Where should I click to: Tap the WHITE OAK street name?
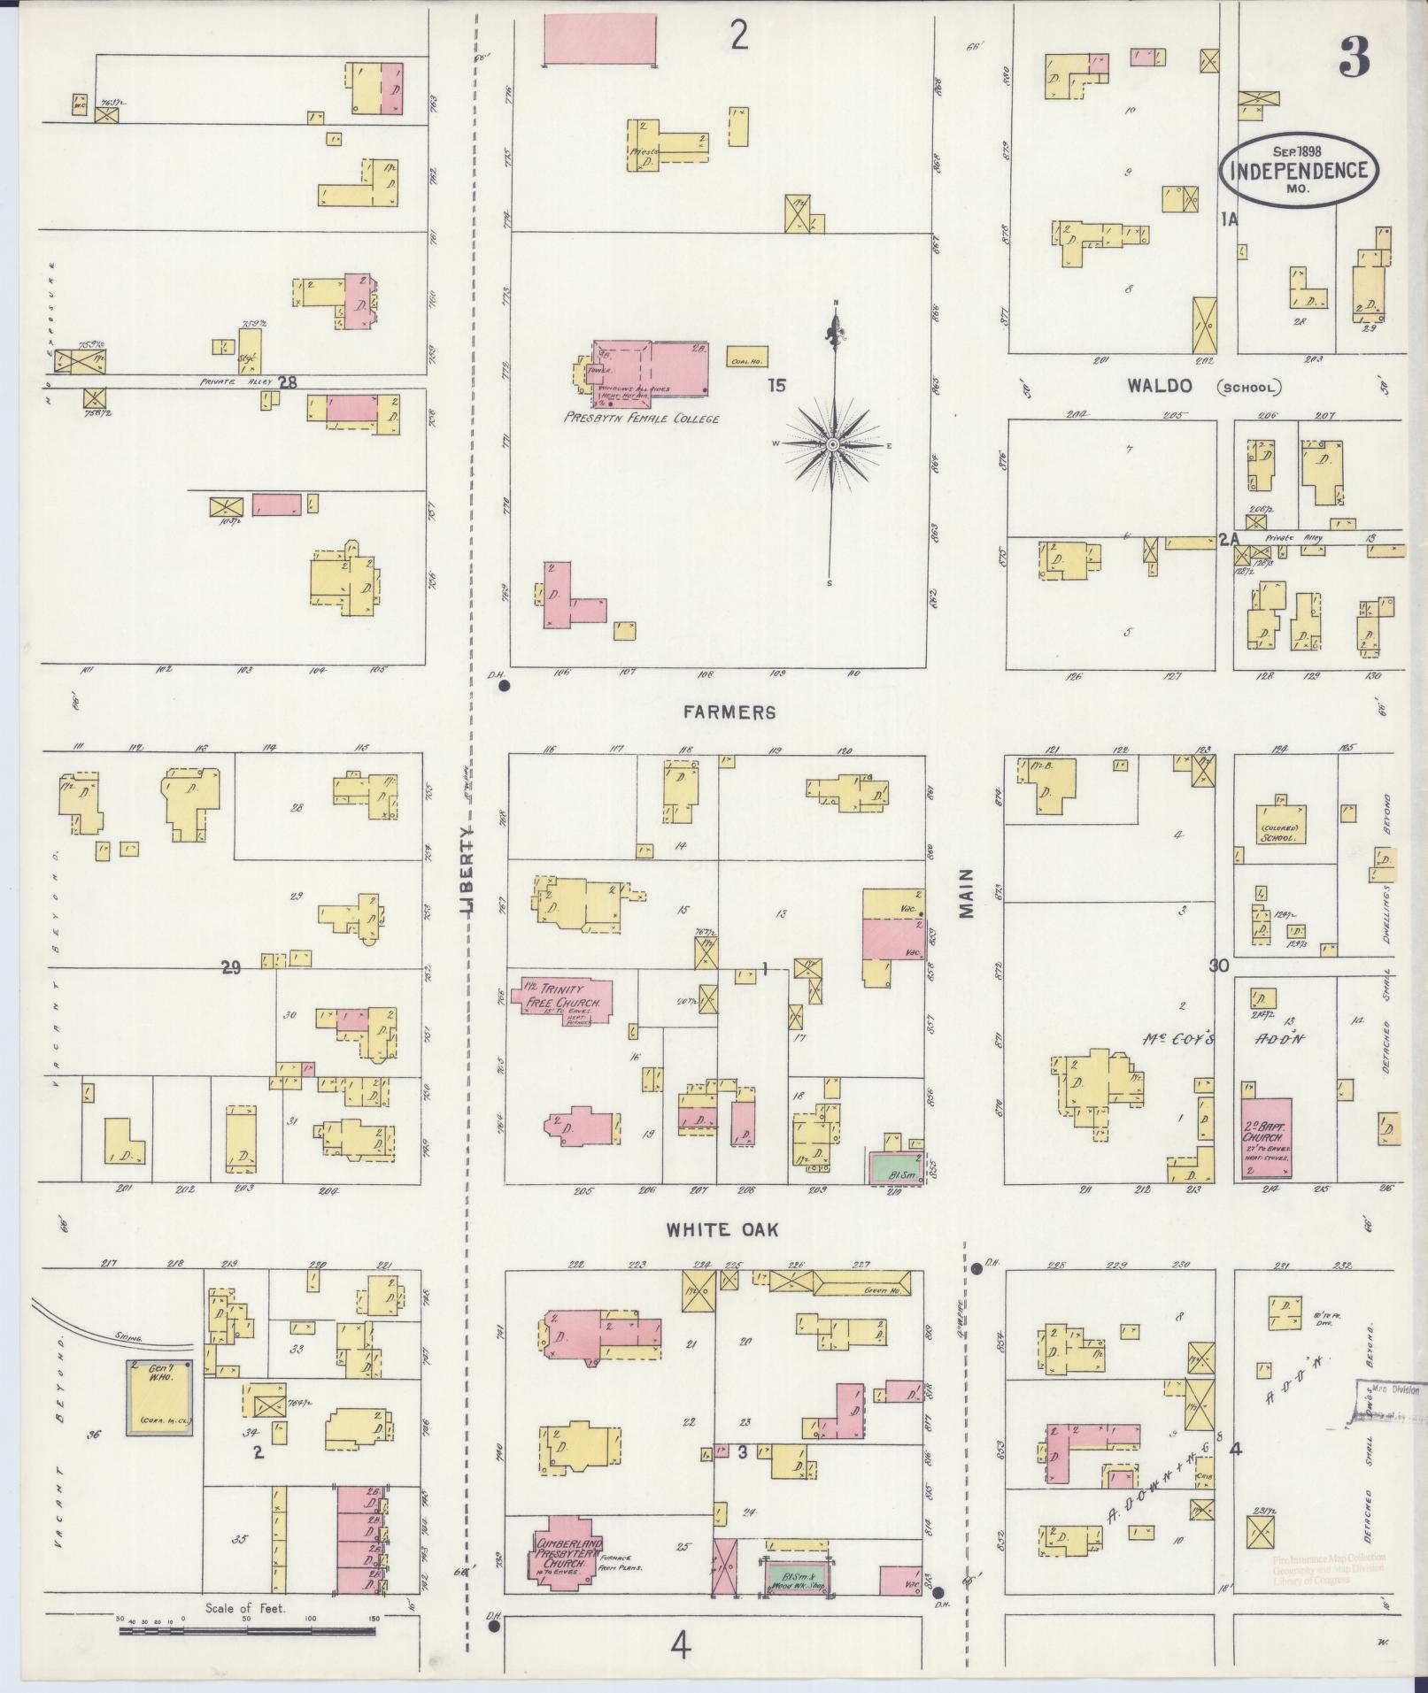[x=722, y=1229]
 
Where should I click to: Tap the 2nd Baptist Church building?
[x=1266, y=1137]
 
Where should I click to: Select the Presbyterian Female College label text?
[x=641, y=419]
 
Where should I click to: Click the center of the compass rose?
[x=833, y=443]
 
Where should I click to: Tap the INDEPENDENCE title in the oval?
[x=1299, y=170]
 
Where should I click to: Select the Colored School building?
[x=1279, y=824]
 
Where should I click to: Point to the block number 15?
[x=776, y=385]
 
